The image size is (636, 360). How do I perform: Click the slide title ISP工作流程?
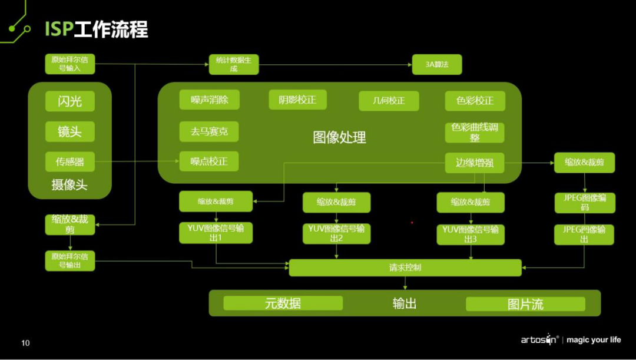point(97,29)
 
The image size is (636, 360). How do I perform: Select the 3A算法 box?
point(437,64)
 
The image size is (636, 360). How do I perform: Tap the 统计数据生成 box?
point(234,64)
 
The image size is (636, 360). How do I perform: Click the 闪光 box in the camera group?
point(69,101)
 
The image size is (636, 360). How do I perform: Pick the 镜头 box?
point(69,131)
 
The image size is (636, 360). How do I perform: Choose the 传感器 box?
point(69,161)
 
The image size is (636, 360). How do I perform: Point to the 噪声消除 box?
point(209,100)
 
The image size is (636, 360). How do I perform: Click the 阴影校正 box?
point(297,100)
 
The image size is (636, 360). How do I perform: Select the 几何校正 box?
point(389,101)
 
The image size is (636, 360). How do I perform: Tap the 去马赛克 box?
point(209,131)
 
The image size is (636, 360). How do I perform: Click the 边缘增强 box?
point(475,163)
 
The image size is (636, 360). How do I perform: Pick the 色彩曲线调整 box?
point(475,132)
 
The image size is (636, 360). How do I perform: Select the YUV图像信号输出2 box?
point(336,233)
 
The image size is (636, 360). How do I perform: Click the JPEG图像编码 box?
point(584,203)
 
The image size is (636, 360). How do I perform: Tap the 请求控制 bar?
point(405,267)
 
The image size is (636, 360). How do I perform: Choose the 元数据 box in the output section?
point(283,303)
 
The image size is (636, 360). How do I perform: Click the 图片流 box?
point(525,304)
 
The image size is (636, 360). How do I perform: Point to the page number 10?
point(25,343)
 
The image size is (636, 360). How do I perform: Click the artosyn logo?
point(539,339)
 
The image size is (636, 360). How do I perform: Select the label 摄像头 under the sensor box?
point(69,185)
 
